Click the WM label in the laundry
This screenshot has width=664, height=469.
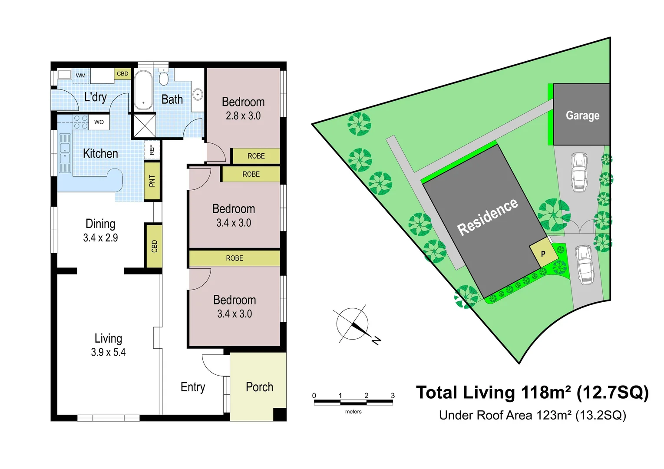click(x=81, y=76)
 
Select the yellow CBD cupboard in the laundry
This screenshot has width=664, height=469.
click(x=122, y=74)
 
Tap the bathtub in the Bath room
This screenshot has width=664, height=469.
click(x=143, y=90)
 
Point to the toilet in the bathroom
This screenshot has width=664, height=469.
click(x=164, y=79)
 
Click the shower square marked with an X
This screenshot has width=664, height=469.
click(x=144, y=126)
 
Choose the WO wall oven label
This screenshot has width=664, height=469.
click(x=99, y=122)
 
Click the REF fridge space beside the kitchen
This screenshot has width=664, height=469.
click(x=152, y=150)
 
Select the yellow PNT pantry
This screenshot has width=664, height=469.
click(x=152, y=181)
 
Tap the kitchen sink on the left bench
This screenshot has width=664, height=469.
click(x=65, y=153)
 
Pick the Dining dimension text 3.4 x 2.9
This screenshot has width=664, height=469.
click(x=100, y=238)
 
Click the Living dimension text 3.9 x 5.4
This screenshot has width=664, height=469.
click(x=108, y=353)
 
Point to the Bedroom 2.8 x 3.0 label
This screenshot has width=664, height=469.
click(x=243, y=109)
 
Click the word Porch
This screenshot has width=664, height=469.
click(x=259, y=387)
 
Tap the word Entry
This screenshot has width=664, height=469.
click(x=193, y=387)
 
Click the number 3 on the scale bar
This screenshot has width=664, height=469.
click(x=393, y=396)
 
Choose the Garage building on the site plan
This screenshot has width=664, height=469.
click(x=582, y=115)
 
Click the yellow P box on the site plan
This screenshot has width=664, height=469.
click(x=543, y=254)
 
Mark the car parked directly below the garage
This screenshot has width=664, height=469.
click(x=579, y=172)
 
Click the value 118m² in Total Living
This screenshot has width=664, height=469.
click(x=545, y=393)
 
